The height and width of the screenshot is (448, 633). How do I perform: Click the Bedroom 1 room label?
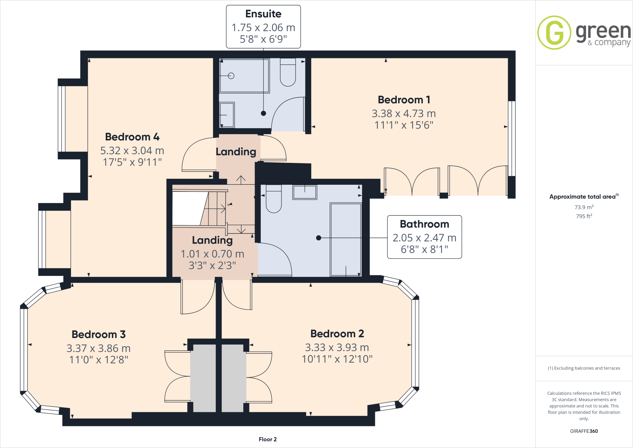pyautogui.click(x=404, y=100)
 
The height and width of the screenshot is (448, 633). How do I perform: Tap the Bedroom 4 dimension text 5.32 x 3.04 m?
pyautogui.click(x=132, y=151)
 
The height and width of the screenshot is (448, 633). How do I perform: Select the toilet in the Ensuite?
pyautogui.click(x=288, y=73)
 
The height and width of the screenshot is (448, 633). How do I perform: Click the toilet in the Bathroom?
pyautogui.click(x=274, y=199)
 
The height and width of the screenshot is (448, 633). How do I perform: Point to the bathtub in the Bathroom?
pyautogui.click(x=346, y=239)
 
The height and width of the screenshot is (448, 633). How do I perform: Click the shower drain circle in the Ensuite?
pyautogui.click(x=231, y=76)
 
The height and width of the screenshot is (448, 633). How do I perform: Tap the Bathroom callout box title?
pyautogui.click(x=424, y=224)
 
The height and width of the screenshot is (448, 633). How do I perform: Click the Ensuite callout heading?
pyautogui.click(x=263, y=14)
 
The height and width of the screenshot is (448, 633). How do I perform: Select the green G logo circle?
pyautogui.click(x=554, y=32)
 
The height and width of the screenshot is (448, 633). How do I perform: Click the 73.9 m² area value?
pyautogui.click(x=584, y=207)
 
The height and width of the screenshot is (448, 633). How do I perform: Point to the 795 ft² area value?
pyautogui.click(x=584, y=216)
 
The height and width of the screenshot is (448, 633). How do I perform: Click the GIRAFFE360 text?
pyautogui.click(x=584, y=431)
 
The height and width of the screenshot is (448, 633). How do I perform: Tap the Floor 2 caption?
pyautogui.click(x=267, y=439)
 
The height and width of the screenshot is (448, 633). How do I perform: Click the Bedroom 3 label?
pyautogui.click(x=99, y=334)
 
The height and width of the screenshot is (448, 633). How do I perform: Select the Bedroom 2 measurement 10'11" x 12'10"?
pyautogui.click(x=337, y=359)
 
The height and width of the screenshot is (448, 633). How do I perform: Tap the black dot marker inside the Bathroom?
pyautogui.click(x=319, y=238)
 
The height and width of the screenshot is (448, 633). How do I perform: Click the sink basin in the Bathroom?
pyautogui.click(x=305, y=192)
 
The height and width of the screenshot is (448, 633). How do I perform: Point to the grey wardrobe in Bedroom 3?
pyautogui.click(x=203, y=378)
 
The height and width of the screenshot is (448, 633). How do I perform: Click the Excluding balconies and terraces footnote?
pyautogui.click(x=584, y=368)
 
